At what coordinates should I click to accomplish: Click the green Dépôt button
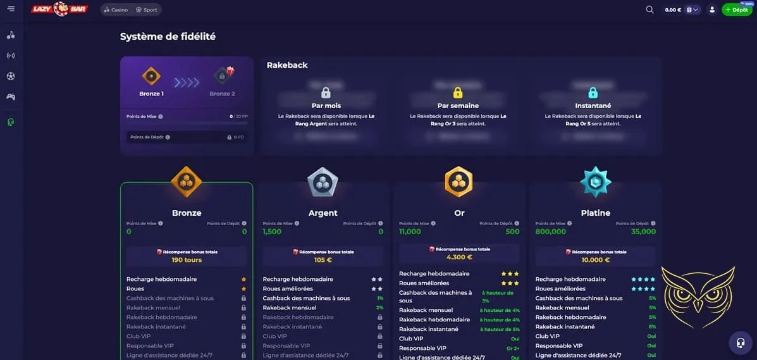[737, 10]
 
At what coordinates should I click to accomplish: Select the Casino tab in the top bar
[116, 10]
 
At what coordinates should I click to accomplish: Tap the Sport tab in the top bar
[147, 10]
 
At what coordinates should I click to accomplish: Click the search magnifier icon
[649, 9]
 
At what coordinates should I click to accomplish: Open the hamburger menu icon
[11, 9]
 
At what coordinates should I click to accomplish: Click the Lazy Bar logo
[60, 9]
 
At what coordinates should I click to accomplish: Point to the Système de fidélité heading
[168, 37]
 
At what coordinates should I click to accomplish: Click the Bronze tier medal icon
[187, 182]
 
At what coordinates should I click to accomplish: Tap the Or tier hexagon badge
[459, 182]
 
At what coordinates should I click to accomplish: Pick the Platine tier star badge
[596, 182]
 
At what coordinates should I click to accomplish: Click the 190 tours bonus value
[187, 260]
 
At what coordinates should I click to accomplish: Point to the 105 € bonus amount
[323, 260]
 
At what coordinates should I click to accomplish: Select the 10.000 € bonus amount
[596, 260]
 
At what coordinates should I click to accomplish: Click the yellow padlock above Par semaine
[458, 92]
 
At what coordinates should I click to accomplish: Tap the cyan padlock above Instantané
[593, 92]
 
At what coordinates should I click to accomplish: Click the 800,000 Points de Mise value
[551, 232]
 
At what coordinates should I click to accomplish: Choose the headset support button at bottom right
[740, 343]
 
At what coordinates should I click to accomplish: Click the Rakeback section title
[287, 65]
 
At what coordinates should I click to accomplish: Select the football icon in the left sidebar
[11, 76]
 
